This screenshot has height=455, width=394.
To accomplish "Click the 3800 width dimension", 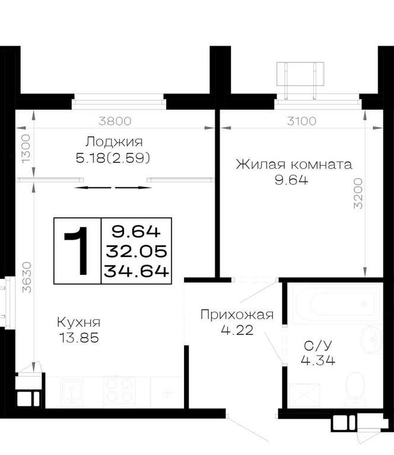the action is tap(115, 121).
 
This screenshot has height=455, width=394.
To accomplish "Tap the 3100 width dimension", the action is tap(301, 121).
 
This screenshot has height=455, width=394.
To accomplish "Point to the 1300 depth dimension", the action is tap(26, 149).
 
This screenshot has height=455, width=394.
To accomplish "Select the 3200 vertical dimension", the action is tap(358, 194).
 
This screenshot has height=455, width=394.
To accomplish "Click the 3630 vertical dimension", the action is tap(27, 277).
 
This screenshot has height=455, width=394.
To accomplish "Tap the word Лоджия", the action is tap(114, 142).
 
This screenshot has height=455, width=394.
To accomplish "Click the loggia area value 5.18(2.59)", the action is tap(113, 158).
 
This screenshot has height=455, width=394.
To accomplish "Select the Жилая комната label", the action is tap(294, 165).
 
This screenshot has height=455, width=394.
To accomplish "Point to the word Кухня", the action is tap(79, 322).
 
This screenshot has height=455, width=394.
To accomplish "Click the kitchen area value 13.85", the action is tap(79, 338).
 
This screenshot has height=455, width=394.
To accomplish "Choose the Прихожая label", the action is tap(237, 315).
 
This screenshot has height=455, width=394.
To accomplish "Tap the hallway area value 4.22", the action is tap(237, 330).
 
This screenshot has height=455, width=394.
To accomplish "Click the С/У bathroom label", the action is tap(317, 345).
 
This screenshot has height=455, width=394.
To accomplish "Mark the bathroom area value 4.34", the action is tap(318, 360).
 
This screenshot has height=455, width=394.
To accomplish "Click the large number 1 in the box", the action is tap(77, 251).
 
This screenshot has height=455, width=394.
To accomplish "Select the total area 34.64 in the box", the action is tap(136, 271).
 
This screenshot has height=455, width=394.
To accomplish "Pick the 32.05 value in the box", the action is tap(136, 251).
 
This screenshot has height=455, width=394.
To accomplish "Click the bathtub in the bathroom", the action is tap(337, 304).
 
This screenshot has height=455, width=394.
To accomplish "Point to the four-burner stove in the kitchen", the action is tap(119, 392).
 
